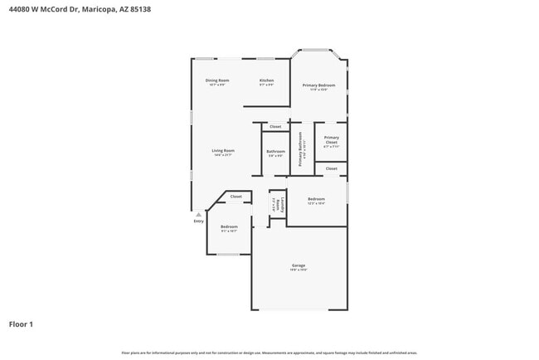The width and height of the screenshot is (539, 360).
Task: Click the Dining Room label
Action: [x=217, y=80]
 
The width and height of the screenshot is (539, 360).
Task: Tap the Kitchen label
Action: [x=266, y=80]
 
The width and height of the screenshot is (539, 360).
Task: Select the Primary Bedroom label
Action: [x=318, y=85]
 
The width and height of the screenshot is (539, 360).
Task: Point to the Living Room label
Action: [x=224, y=150]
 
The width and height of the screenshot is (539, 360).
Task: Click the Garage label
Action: [x=299, y=265]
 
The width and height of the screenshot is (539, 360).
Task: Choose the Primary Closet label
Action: [x=331, y=140]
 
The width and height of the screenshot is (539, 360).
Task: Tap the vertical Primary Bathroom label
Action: [x=300, y=150]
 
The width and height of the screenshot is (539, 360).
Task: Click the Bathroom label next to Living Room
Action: [x=275, y=151]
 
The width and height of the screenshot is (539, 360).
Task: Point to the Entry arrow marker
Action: [x=198, y=214]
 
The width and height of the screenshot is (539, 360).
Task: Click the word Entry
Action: [x=198, y=221]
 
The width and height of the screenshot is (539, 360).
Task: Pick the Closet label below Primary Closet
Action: [x=331, y=168]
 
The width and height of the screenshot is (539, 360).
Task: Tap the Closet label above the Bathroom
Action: [x=275, y=126]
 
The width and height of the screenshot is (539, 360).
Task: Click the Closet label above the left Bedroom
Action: [x=236, y=197]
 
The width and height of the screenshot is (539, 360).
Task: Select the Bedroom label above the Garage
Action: [x=316, y=199]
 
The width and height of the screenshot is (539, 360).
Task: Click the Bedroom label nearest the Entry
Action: [x=229, y=226]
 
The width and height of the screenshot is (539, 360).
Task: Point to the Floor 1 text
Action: [x=21, y=324]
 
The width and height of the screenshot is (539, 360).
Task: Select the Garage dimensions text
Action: [x=299, y=270]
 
